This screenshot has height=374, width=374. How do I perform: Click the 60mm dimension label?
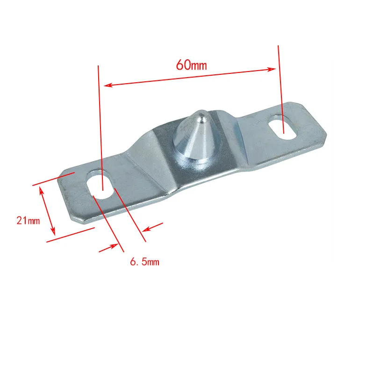tap(191, 65)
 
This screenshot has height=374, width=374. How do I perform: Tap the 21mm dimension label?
tap(28, 220)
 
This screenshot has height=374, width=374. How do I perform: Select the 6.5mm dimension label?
tap(144, 262)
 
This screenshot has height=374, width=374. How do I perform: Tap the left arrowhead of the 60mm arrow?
tap(108, 85)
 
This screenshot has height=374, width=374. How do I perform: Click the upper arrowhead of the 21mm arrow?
tap(42, 191)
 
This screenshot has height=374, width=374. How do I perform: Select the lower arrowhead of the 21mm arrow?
tap(53, 231)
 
